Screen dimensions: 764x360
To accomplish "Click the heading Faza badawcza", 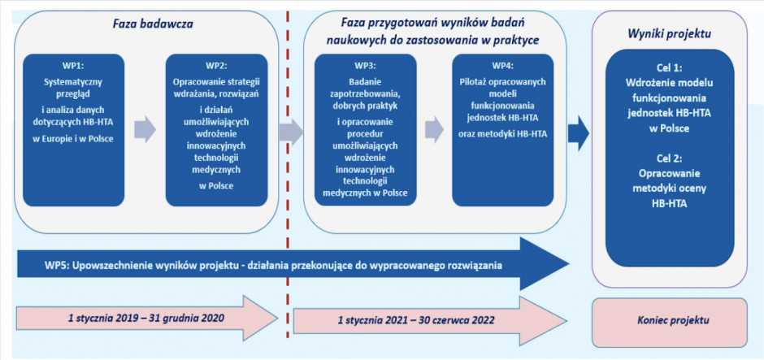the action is pyautogui.click(x=146, y=23).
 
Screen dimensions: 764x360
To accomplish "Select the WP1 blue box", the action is pyautogui.click(x=74, y=130).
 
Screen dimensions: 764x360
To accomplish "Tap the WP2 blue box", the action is pyautogui.click(x=216, y=130).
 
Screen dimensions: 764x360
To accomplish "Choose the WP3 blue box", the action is pyautogui.click(x=366, y=130).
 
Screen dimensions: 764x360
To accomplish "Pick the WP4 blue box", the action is pyautogui.click(x=503, y=130).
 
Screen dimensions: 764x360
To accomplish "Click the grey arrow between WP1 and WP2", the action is pyautogui.click(x=145, y=129).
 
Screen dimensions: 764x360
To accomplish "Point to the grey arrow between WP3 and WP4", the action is pyautogui.click(x=434, y=129).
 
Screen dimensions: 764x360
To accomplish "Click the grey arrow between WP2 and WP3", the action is pyautogui.click(x=291, y=131).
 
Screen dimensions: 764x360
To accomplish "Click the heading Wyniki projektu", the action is pyautogui.click(x=669, y=35).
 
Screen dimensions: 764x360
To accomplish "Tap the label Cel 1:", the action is pyautogui.click(x=669, y=68).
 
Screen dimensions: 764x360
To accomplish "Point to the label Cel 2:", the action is pyautogui.click(x=669, y=158).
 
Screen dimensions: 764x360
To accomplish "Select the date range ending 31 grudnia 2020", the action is pyautogui.click(x=145, y=319).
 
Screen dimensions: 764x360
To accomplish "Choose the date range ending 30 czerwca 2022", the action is pyautogui.click(x=417, y=321).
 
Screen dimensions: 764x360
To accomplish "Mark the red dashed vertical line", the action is pyautogui.click(x=288, y=175).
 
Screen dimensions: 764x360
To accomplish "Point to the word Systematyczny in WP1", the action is pyautogui.click(x=74, y=81).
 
